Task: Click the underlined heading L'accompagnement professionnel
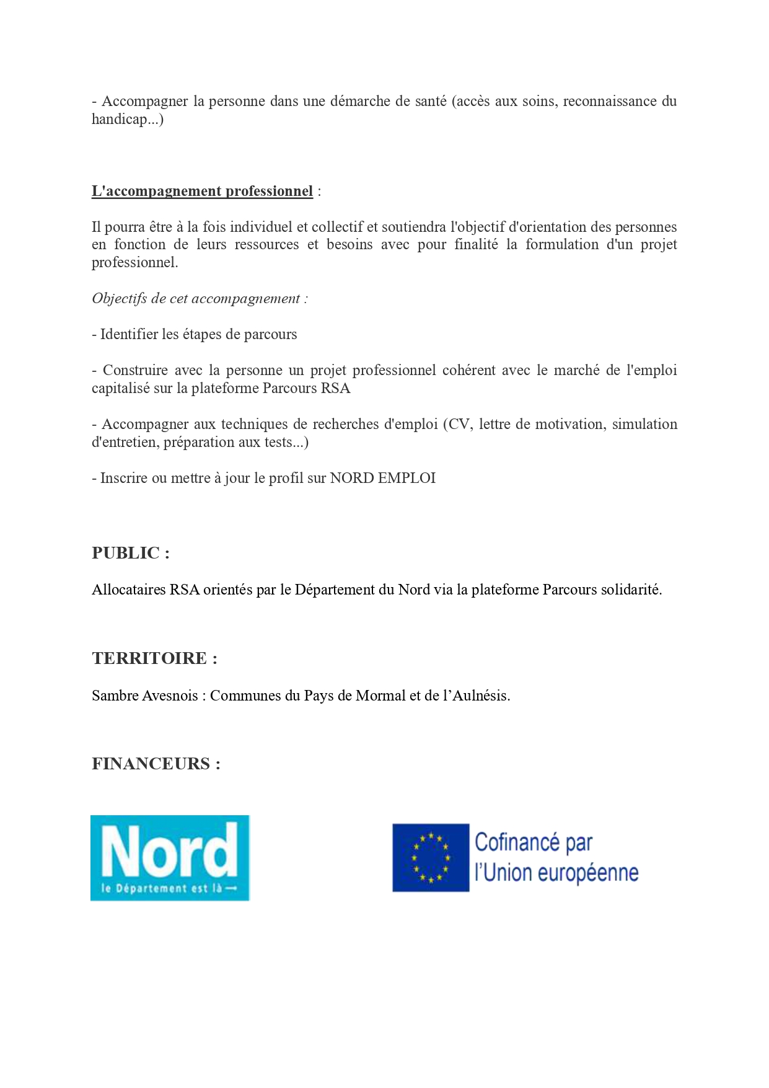click(x=202, y=191)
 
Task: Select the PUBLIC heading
click(x=130, y=553)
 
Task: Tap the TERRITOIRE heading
click(x=154, y=658)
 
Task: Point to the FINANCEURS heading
click(x=156, y=764)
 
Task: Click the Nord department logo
click(x=170, y=857)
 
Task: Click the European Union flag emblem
click(x=431, y=857)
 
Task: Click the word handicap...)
click(x=128, y=119)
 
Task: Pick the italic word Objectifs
click(x=120, y=299)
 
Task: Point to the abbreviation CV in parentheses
click(x=459, y=425)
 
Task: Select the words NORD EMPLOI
click(x=382, y=479)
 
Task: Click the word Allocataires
click(x=129, y=590)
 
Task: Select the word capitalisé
click(x=121, y=389)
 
